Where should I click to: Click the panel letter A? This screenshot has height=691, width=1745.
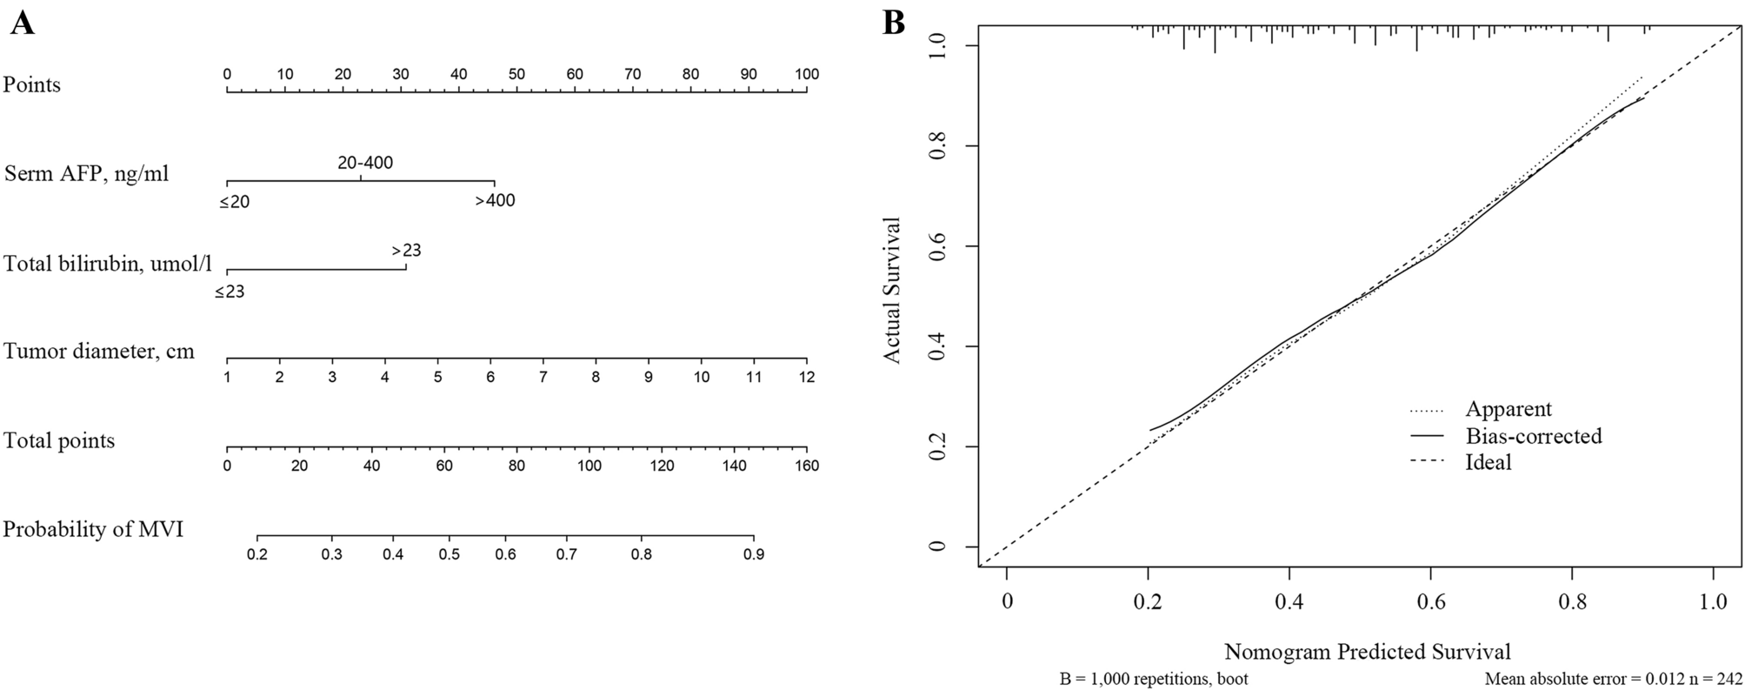pos(23,23)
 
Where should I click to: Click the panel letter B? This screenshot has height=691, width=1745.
pos(894,23)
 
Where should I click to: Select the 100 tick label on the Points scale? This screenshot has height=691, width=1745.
pos(807,75)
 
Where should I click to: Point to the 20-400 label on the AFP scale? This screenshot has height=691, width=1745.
pos(365,162)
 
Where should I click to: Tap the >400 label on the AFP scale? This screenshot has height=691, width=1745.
pos(495,201)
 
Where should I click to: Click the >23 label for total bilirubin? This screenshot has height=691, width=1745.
pos(406,251)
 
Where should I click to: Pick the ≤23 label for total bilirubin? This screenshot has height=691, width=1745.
pos(230,292)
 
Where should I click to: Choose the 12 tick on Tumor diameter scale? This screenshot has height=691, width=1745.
pos(807,377)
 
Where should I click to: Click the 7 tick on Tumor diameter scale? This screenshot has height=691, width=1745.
pos(543,377)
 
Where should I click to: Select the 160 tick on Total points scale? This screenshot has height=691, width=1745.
pos(807,466)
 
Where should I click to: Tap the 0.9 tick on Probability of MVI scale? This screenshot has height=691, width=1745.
pos(753,554)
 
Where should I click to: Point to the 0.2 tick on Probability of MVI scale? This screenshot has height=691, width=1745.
pos(257,554)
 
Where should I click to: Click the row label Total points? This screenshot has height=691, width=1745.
pos(59,440)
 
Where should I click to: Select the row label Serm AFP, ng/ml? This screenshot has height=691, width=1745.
pos(87,173)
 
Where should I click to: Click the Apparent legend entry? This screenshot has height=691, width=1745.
pos(1509,409)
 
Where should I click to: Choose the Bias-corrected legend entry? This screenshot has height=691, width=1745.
pos(1533,435)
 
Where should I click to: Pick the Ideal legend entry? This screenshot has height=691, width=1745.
pos(1489,462)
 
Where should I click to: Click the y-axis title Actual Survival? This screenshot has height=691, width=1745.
pos(893,290)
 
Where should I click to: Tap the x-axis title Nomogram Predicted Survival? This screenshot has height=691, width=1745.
pos(1368,651)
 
